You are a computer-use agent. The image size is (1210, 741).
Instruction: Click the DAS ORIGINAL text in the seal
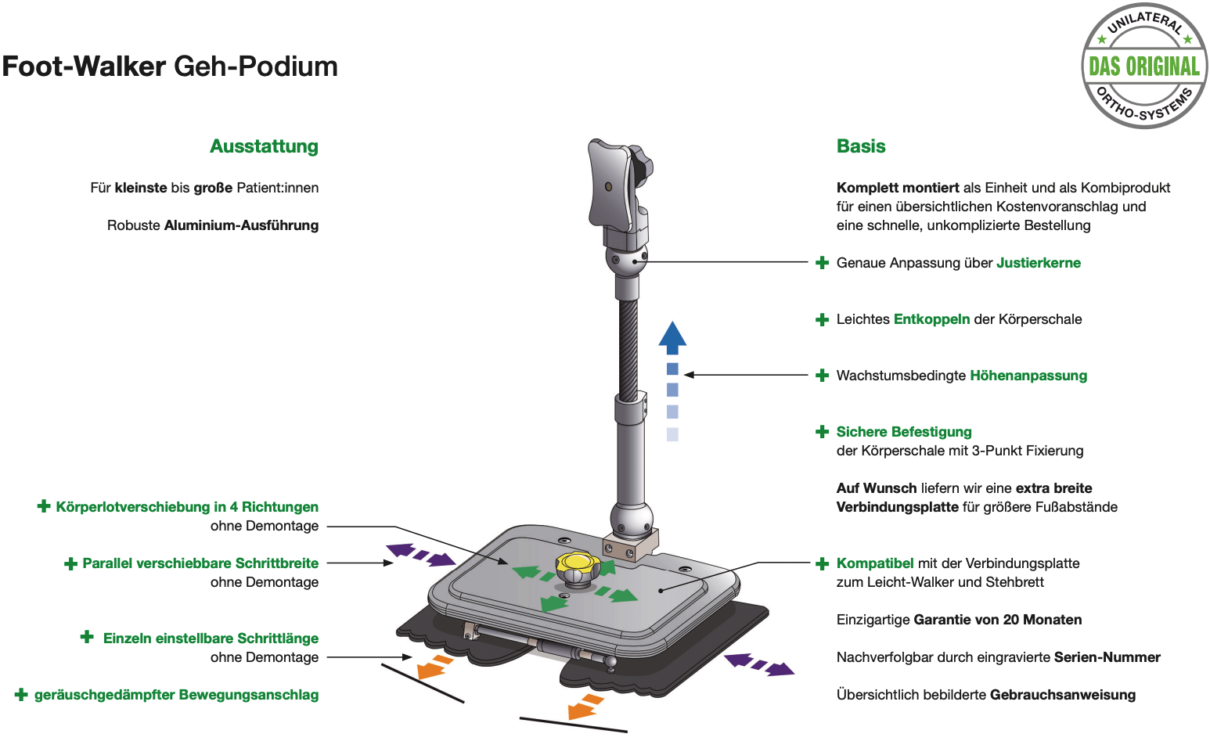tap(1144, 67)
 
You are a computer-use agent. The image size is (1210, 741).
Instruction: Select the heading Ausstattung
tap(264, 146)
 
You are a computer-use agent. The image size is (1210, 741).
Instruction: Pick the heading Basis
tap(861, 146)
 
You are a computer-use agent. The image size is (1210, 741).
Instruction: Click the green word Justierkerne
tap(1039, 263)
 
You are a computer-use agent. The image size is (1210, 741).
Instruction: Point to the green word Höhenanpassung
tap(1028, 376)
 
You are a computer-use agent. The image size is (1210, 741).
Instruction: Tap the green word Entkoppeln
tap(931, 319)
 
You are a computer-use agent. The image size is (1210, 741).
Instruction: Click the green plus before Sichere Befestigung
tap(822, 431)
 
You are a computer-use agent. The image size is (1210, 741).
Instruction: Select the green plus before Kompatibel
tap(822, 564)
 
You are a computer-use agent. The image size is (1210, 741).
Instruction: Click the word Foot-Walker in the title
tap(84, 67)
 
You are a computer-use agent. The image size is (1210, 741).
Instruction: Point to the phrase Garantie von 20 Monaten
tap(997, 620)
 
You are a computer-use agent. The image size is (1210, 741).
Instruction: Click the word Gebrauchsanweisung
tap(1063, 695)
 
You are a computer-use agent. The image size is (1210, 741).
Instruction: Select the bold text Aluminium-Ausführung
tap(241, 225)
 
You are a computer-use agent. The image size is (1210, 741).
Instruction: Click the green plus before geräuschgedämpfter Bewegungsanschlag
tap(21, 695)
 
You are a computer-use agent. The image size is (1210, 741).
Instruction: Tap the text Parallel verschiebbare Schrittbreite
tap(200, 563)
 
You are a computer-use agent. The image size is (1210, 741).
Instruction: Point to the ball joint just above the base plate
tap(632, 518)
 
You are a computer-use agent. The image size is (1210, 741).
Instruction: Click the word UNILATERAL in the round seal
tap(1145, 23)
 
